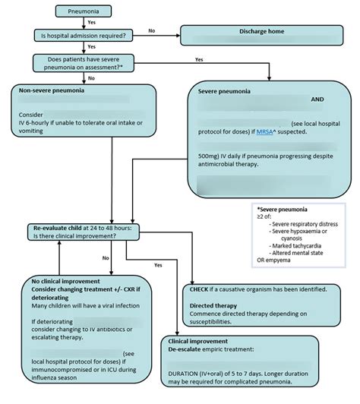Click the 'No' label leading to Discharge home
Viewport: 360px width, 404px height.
coord(151,30)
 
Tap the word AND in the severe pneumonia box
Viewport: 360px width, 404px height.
coord(319,99)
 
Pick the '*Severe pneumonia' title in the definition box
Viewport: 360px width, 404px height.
coord(283,209)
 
